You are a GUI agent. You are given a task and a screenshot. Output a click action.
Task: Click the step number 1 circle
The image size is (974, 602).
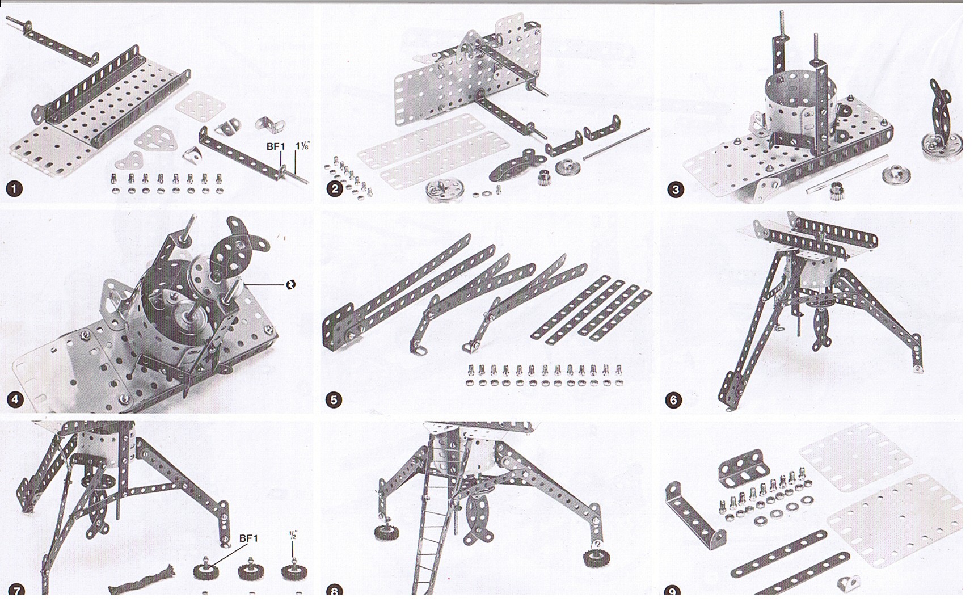[14, 189]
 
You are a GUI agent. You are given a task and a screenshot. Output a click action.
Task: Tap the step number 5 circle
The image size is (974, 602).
[334, 400]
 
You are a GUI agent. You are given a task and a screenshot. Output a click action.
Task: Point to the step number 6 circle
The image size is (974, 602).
[673, 400]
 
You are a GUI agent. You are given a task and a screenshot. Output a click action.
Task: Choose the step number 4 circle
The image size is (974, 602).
[15, 399]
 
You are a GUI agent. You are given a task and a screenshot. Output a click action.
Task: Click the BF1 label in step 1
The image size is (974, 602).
[276, 146]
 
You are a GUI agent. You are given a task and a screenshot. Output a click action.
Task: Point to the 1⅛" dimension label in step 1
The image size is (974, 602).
[302, 146]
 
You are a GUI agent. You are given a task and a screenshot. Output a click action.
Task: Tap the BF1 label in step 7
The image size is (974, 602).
[248, 538]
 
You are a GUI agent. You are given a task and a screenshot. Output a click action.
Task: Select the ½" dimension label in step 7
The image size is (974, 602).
[293, 535]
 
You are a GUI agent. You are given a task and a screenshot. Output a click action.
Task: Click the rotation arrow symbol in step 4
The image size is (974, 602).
[290, 284]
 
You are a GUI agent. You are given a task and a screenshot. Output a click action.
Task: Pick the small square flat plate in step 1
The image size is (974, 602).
[200, 104]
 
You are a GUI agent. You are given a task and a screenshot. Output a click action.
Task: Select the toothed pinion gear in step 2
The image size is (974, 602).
[545, 178]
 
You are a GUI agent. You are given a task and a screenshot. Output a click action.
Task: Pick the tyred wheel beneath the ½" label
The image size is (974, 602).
[294, 570]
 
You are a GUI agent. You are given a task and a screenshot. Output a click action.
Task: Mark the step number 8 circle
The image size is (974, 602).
[334, 591]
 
